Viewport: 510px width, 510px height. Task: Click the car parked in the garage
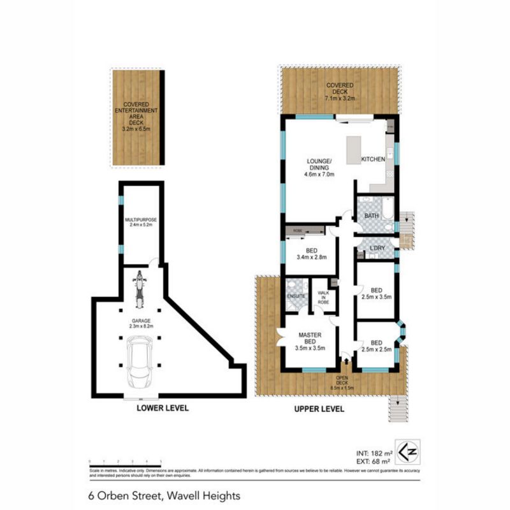[x=138, y=361]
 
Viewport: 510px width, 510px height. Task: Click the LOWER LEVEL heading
[x=162, y=409]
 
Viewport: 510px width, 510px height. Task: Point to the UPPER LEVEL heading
[x=318, y=409]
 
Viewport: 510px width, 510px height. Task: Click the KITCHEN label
[x=373, y=159]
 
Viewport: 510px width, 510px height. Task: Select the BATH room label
[x=372, y=216]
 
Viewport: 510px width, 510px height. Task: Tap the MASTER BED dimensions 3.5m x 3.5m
[x=310, y=348]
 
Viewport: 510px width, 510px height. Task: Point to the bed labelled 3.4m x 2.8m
[x=312, y=254]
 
